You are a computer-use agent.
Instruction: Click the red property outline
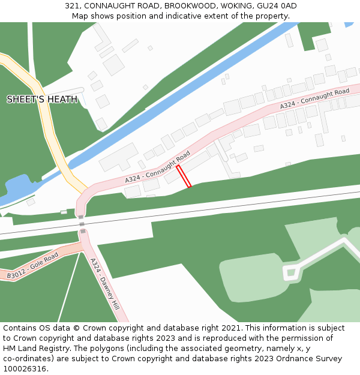coord(184,176)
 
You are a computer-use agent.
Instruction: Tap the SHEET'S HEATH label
coord(42,99)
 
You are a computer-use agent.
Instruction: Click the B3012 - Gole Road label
coord(33,266)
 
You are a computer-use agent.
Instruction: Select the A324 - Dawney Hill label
coord(104,284)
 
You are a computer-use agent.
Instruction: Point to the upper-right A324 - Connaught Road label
coord(314,99)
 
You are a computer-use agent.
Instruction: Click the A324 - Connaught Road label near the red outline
coord(158,167)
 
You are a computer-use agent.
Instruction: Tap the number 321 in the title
coord(73,6)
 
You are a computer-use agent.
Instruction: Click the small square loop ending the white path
coord(291,273)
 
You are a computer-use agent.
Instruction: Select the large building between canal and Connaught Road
coord(118,157)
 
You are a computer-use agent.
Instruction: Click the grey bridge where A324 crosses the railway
coord(82,224)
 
